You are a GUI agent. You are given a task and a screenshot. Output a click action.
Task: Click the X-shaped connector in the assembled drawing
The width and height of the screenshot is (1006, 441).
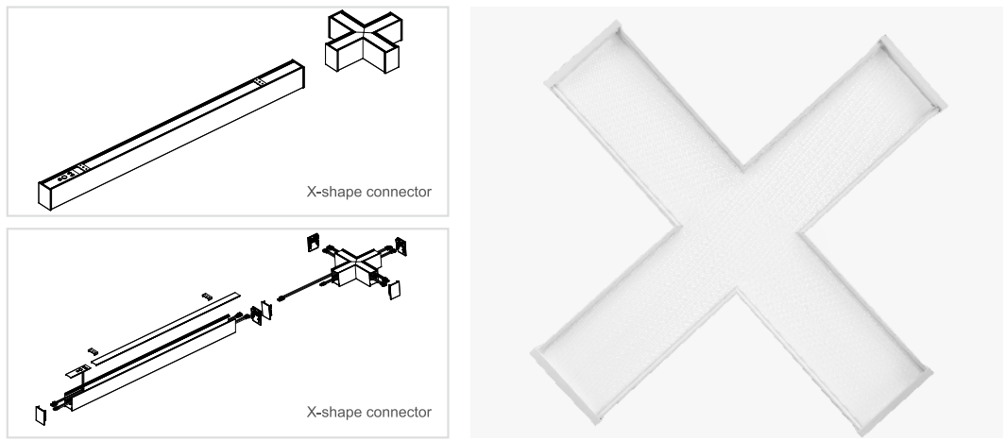(364, 42)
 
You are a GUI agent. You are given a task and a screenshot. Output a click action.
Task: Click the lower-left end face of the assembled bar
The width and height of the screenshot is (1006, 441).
(45, 196)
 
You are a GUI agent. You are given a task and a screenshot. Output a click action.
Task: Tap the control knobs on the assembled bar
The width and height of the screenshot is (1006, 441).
(66, 175)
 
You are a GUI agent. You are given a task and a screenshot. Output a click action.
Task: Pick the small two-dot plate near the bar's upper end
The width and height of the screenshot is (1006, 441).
(260, 82)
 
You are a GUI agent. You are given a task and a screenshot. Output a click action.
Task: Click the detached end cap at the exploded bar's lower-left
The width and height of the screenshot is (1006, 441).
(41, 415)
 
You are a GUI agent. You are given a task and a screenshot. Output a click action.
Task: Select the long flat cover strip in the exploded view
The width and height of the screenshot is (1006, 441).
(166, 329)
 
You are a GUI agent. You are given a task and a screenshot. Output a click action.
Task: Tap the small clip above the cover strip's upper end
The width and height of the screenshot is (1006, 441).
(207, 297)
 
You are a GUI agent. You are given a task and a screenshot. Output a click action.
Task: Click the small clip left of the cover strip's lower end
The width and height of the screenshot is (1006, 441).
(93, 351)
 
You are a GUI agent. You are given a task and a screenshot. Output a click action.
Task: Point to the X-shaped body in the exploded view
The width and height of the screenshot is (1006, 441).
(357, 266)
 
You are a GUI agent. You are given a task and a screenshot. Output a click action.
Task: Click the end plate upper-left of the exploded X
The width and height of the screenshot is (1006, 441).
(313, 243)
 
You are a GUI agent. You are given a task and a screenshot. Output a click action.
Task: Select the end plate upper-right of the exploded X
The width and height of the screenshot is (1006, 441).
(401, 246)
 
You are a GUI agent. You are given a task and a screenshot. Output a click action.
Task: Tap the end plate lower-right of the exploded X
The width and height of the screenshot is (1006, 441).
(395, 290)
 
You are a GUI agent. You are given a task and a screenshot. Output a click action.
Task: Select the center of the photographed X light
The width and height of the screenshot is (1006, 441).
(739, 229)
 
